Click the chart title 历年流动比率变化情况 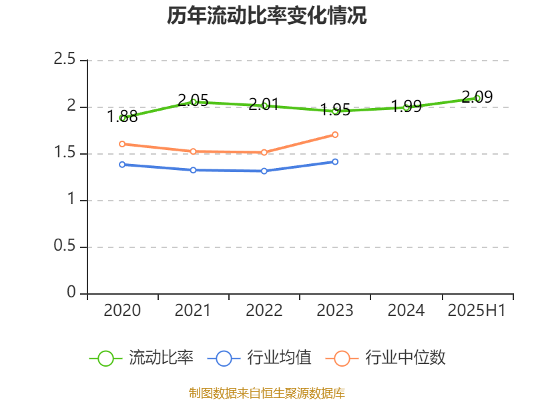(267, 16)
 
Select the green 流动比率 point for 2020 (123, 118)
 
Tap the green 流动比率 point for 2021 (194, 102)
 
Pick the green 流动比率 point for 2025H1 (477, 98)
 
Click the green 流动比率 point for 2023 (335, 111)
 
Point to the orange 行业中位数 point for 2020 (122, 144)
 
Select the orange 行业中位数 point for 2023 (335, 135)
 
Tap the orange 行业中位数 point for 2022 (264, 153)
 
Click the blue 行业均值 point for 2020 (122, 165)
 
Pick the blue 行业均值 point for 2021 (194, 170)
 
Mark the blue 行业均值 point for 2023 (335, 161)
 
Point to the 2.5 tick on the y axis (65, 60)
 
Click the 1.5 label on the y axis (65, 153)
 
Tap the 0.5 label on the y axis (65, 247)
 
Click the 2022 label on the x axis (264, 311)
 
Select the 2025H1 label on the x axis (477, 311)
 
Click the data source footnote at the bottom (267, 393)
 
